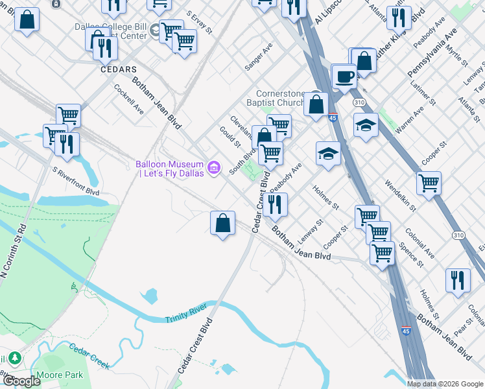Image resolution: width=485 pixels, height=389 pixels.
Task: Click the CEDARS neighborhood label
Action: coord(119,69)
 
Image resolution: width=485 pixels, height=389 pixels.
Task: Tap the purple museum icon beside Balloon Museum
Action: coord(215,169)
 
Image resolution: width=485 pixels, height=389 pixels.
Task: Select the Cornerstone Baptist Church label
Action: coord(276,98)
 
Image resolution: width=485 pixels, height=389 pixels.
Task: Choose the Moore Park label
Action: coord(65,375)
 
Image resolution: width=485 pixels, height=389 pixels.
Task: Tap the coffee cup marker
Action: coord(344,77)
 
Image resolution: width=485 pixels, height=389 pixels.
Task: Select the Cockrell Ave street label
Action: coord(128,99)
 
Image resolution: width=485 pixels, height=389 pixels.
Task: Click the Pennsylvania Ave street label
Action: coord(432,54)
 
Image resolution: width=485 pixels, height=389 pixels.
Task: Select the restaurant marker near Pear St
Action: coord(458,280)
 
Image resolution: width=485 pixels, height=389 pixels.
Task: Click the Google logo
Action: coord(22,381)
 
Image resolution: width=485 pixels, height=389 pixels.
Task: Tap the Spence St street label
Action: coord(412,255)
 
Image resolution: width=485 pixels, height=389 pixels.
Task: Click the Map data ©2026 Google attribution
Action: coord(445,384)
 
